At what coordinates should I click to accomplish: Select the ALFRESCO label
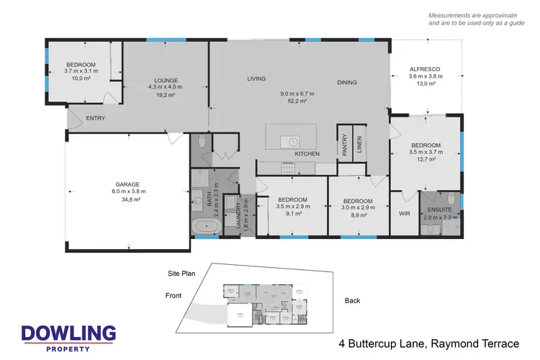[x=425, y=69]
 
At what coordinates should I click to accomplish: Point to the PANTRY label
[x=345, y=145]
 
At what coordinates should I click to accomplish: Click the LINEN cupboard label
[x=358, y=144]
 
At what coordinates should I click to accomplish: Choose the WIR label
[x=404, y=213]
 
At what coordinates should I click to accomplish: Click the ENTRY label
[x=96, y=118]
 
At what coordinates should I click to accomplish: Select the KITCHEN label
[x=307, y=154]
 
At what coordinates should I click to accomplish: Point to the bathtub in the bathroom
[x=207, y=228]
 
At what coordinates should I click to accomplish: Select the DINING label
[x=347, y=83]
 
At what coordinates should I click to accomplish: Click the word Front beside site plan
[x=174, y=295]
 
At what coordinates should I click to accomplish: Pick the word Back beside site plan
[x=352, y=300]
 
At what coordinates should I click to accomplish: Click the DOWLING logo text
[x=68, y=333]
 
